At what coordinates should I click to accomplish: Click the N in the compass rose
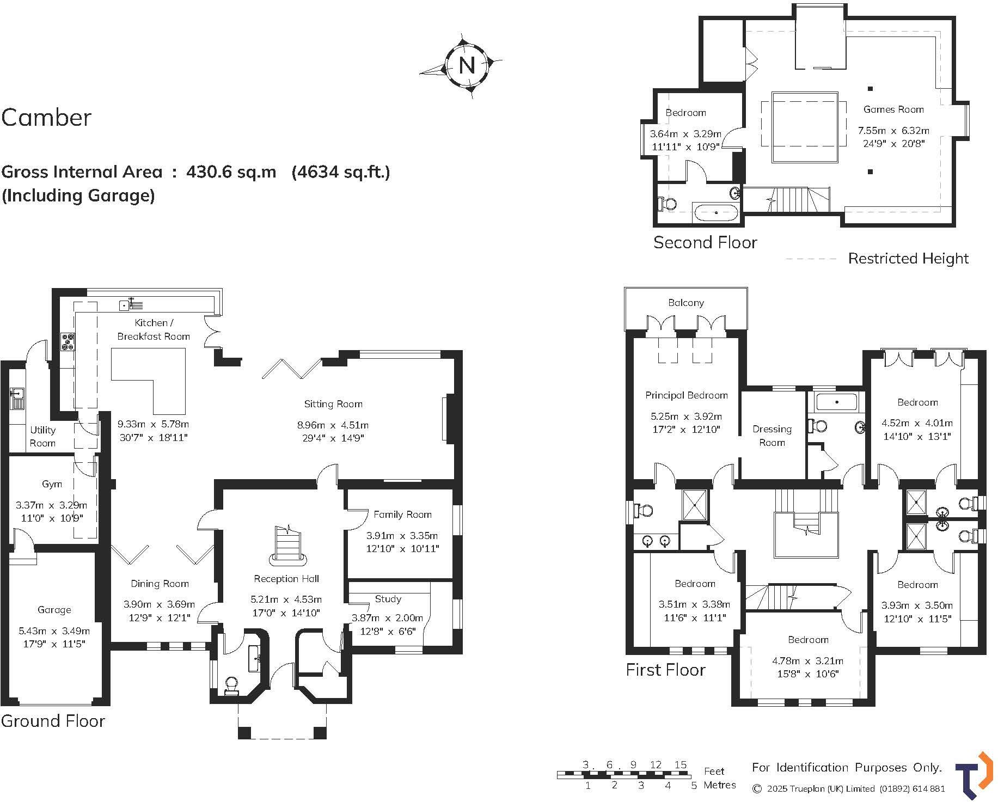pyautogui.click(x=467, y=65)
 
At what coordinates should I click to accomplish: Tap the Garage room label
pyautogui.click(x=54, y=609)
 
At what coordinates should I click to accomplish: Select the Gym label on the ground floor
pyautogui.click(x=52, y=483)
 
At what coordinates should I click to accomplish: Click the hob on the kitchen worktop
pyautogui.click(x=69, y=341)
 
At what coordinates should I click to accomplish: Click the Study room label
pyautogui.click(x=388, y=598)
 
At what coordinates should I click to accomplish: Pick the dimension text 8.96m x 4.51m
pyautogui.click(x=333, y=425)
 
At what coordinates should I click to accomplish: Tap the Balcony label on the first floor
pyautogui.click(x=685, y=303)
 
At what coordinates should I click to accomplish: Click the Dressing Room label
pyautogui.click(x=772, y=436)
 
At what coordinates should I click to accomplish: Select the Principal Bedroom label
pyautogui.click(x=686, y=395)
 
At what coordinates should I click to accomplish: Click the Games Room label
pyautogui.click(x=893, y=109)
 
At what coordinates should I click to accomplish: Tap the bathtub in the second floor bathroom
pyautogui.click(x=716, y=212)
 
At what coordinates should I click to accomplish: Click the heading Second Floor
pyautogui.click(x=705, y=242)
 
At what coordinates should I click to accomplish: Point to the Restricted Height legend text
pyautogui.click(x=908, y=259)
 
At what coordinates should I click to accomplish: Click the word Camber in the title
pyautogui.click(x=46, y=118)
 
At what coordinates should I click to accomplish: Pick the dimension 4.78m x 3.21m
pyautogui.click(x=807, y=661)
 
